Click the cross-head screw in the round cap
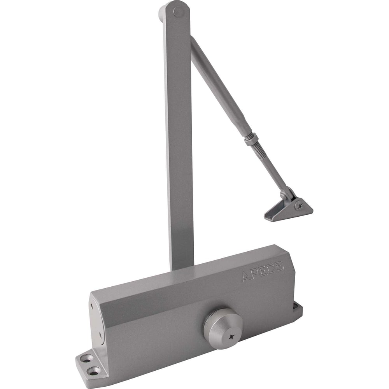231,337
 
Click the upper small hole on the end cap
92,307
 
